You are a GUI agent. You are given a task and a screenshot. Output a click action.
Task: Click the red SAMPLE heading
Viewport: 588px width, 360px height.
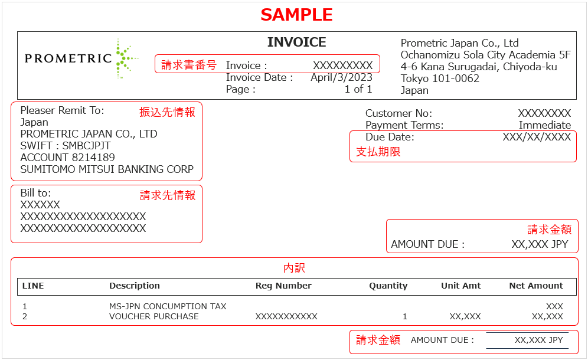point(296,15)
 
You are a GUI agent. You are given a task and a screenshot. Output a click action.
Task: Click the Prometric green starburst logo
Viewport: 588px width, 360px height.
point(126,58)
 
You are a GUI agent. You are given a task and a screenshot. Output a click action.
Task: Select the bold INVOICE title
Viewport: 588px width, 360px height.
point(296,42)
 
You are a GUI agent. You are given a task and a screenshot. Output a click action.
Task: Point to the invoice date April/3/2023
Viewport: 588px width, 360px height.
point(341,77)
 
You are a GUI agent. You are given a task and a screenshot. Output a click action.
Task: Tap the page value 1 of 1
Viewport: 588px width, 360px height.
point(358,89)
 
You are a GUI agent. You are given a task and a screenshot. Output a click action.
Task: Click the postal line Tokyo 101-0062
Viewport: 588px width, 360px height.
point(440,78)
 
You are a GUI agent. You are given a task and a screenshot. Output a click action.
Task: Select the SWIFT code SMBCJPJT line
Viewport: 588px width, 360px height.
point(66,146)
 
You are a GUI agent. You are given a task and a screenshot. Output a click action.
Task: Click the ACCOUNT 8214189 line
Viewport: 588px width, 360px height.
point(67,158)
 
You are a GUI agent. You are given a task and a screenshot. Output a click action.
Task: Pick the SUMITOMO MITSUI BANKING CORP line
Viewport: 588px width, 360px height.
point(107,169)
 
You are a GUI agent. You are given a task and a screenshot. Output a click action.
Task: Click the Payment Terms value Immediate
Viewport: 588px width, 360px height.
point(544,125)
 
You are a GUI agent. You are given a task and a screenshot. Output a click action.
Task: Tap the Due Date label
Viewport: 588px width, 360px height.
point(390,137)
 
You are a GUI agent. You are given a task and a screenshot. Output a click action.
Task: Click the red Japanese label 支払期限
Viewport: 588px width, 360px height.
point(378,152)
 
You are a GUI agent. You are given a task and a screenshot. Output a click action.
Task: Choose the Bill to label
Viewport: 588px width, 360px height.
point(35,193)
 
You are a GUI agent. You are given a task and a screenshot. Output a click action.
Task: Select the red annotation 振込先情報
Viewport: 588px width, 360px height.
point(167,112)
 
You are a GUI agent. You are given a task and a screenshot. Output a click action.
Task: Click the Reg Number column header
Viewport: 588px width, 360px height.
point(283,286)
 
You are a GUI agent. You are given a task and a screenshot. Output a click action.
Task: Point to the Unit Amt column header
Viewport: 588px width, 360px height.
point(461,286)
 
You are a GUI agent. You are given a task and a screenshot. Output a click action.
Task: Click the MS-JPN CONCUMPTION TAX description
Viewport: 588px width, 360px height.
point(168,306)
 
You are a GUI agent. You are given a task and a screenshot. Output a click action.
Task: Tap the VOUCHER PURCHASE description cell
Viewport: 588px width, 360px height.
point(153,316)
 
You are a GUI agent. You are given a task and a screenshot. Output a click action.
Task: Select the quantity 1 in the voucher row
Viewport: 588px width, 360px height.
point(405,316)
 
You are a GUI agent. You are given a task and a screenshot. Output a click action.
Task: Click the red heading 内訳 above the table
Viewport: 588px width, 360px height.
point(295,268)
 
